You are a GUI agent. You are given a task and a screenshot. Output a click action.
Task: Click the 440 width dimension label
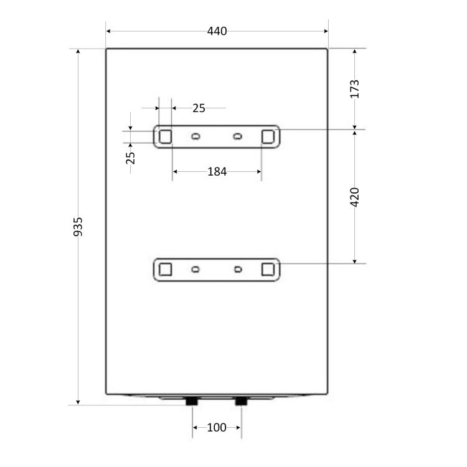click(x=217, y=31)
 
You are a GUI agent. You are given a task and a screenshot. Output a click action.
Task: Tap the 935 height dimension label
click(x=78, y=227)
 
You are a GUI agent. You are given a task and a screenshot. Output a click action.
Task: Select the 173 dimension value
click(x=354, y=89)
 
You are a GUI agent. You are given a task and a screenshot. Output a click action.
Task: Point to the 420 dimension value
click(x=354, y=197)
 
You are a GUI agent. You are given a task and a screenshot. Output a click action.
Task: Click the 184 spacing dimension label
click(x=217, y=172)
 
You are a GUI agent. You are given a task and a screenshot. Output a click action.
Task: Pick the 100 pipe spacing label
click(x=217, y=428)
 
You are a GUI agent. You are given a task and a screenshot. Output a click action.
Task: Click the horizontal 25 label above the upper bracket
click(x=199, y=108)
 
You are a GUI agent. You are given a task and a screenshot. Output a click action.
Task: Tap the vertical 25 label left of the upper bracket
click(x=131, y=158)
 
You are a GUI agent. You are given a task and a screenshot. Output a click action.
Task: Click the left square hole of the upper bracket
click(x=165, y=137)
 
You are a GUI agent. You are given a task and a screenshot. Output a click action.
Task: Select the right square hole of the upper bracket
click(x=268, y=137)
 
